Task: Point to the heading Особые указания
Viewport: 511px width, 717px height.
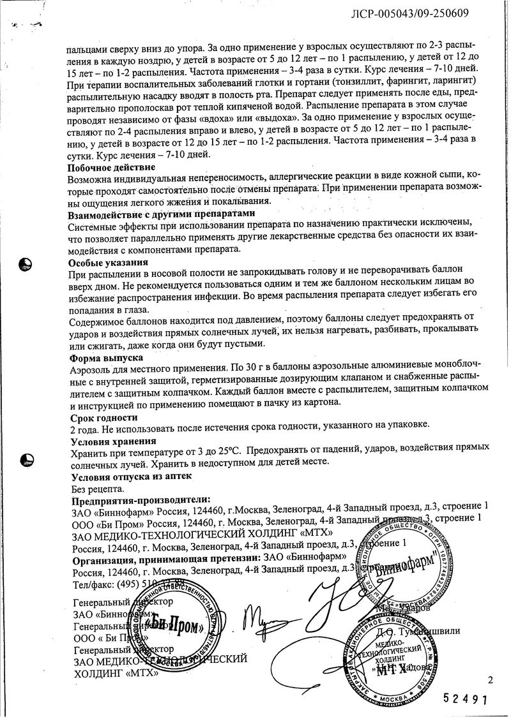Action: tap(108, 262)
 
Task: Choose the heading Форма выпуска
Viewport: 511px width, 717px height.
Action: tap(106, 358)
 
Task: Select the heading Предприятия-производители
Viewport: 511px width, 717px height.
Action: tap(141, 500)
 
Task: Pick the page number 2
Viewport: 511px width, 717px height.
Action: tap(490, 680)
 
